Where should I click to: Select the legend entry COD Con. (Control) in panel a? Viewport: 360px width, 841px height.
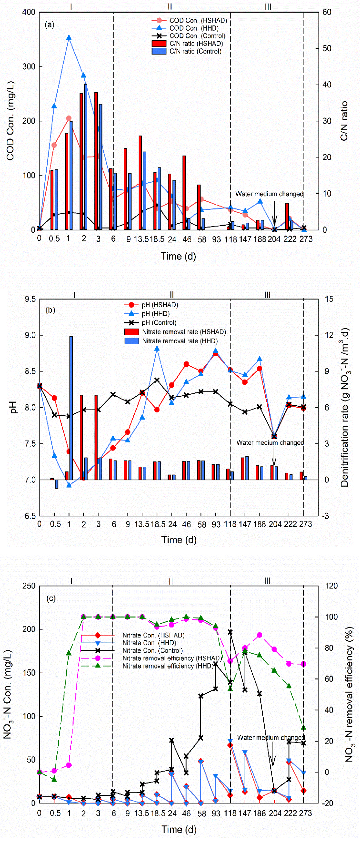coord(197,36)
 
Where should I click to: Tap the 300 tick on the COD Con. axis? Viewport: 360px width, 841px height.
coord(29,67)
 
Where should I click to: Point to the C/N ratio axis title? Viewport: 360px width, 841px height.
coord(344,121)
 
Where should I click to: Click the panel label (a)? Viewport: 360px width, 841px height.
coord(49,25)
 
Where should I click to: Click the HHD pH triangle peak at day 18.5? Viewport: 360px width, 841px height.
coord(157,349)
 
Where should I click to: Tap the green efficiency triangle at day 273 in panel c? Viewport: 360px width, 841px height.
coord(304,727)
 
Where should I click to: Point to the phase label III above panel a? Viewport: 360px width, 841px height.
coord(268,6)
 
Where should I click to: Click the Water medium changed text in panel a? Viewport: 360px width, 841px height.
coord(269,194)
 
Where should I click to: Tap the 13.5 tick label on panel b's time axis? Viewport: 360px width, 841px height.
coord(142,524)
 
